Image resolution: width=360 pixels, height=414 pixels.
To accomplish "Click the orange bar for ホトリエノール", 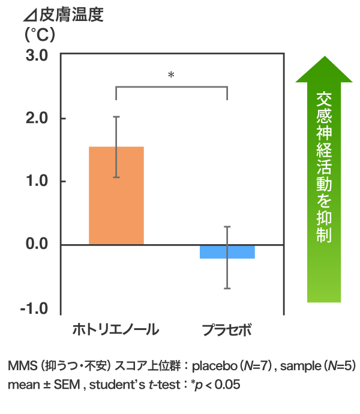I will (116, 198).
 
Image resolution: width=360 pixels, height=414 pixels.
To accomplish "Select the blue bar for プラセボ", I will (227, 251).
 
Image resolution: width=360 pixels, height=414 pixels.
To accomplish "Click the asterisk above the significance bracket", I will (171, 76).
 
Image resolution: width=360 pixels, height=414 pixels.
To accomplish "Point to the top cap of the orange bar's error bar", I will (116, 117).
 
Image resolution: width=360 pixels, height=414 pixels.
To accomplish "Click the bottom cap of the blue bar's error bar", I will (227, 289).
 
